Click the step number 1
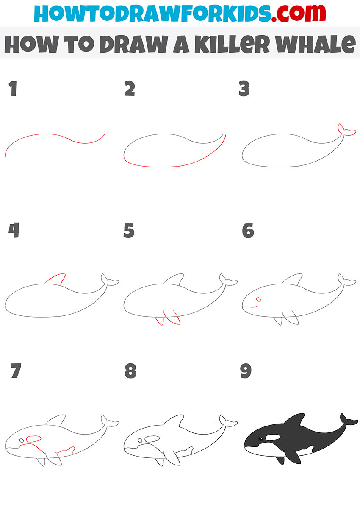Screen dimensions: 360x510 13,88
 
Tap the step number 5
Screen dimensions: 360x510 129,230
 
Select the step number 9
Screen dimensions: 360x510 246,371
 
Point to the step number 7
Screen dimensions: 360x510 16,371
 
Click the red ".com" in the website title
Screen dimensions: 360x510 298,13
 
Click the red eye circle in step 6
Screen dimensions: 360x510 259,299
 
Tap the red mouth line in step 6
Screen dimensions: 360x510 249,307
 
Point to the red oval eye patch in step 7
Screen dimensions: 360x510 34,439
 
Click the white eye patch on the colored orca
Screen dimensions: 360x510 273,437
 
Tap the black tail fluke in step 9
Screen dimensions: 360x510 348,419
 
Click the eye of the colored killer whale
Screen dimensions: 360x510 260,438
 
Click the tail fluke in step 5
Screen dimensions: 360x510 228,280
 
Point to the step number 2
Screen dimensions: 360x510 130,88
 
